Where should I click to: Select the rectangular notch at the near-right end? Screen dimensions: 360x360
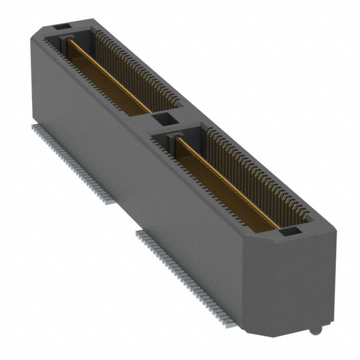(x=289, y=231)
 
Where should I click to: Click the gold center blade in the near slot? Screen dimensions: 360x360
(x=225, y=180)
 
